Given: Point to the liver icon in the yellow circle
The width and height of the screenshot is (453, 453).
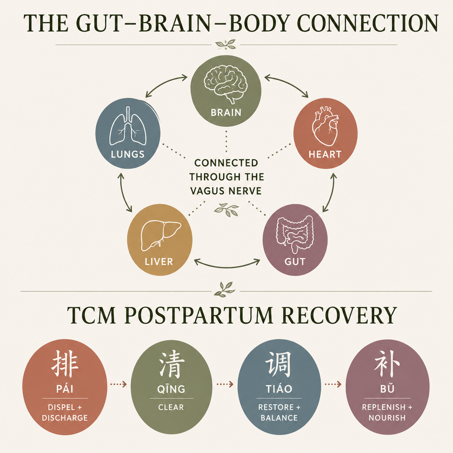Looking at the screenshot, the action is (160, 236).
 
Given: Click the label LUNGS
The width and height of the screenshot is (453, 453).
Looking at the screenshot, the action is (128, 155).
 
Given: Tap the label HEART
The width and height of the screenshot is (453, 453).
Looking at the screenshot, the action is (325, 155).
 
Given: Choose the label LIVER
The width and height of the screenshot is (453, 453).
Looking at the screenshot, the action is (159, 262).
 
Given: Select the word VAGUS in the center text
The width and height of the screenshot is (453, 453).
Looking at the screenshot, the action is (205, 191).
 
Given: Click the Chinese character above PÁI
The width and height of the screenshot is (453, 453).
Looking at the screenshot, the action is (65, 363).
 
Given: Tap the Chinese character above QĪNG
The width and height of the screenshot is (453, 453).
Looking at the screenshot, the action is (171, 364).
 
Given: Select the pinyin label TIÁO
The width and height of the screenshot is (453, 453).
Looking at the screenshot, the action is (279, 389).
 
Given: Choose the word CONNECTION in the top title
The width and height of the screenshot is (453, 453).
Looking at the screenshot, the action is (367, 24).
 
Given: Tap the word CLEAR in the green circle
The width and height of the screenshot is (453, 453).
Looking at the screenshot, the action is (171, 407).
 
